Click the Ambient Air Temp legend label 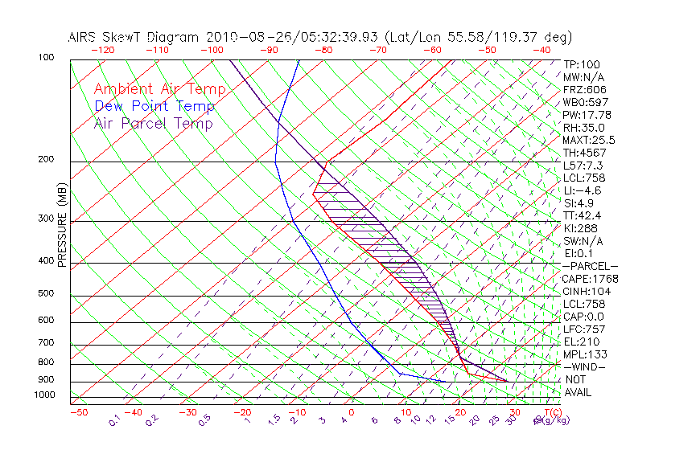click(x=159, y=89)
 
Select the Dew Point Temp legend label click(x=154, y=106)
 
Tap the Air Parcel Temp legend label click(x=153, y=123)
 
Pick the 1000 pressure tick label click(x=45, y=395)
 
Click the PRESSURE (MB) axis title click(x=62, y=226)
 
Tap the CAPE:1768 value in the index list click(x=589, y=279)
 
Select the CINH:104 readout click(x=586, y=292)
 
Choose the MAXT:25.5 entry click(x=590, y=140)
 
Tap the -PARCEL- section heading click(x=590, y=266)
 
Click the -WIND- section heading click(x=585, y=366)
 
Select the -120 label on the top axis click(x=102, y=50)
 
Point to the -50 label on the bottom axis click(x=78, y=412)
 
